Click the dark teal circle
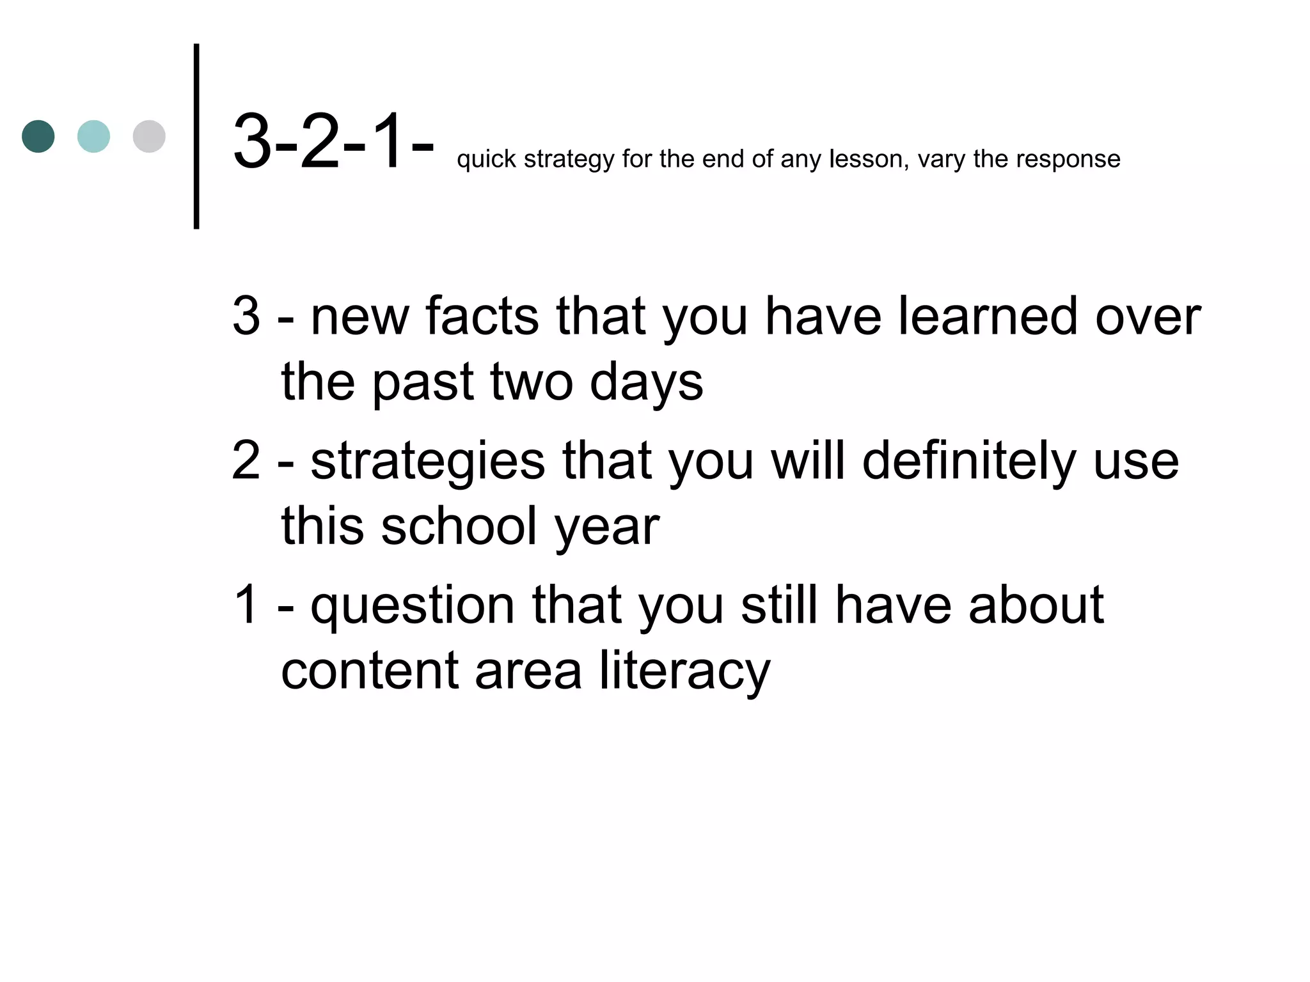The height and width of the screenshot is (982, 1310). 38,136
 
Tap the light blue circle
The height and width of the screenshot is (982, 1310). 93,136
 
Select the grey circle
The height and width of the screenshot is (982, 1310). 149,136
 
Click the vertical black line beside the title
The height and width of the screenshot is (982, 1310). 196,136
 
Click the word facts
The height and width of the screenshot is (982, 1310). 482,316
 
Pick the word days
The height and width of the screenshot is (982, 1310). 646,382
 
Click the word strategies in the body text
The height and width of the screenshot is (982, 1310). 427,461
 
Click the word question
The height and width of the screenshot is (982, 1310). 413,605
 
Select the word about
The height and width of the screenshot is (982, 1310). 1036,605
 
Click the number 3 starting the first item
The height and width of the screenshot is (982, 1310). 246,316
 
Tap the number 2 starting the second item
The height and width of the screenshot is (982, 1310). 246,461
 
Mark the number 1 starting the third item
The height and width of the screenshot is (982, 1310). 246,605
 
